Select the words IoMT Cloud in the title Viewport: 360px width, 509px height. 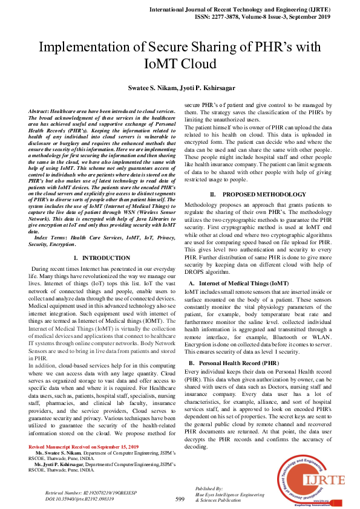pyautogui.click(x=180, y=65)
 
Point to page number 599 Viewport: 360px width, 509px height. pyautogui.click(x=180, y=499)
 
